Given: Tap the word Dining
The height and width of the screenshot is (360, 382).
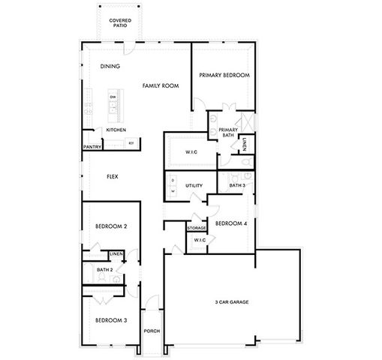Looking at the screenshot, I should pyautogui.click(x=110, y=67).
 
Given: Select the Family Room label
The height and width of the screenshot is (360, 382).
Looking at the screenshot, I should pyautogui.click(x=161, y=86).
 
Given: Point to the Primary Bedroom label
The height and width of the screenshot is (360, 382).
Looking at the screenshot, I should pyautogui.click(x=224, y=76).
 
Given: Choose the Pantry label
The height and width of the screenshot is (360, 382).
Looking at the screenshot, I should pyautogui.click(x=92, y=147).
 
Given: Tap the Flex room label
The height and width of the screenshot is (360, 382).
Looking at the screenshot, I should pyautogui.click(x=112, y=176).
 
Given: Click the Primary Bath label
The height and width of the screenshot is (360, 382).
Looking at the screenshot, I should pyautogui.click(x=228, y=133).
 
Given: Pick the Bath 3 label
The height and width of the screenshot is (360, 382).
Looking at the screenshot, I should pyautogui.click(x=237, y=184).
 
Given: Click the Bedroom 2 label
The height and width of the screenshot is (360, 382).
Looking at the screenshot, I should pyautogui.click(x=110, y=226).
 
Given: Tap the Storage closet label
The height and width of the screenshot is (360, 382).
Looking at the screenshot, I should pyautogui.click(x=197, y=228).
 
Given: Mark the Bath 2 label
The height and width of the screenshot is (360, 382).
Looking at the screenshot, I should pyautogui.click(x=104, y=269).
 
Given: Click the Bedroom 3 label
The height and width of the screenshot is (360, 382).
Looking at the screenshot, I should pyautogui.click(x=110, y=320).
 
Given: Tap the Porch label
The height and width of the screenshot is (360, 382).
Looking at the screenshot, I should pyautogui.click(x=152, y=331).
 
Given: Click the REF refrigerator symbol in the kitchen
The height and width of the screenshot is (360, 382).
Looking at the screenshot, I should pyautogui.click(x=131, y=142).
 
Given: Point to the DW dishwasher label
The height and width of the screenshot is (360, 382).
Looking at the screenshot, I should pyautogui.click(x=113, y=97).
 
